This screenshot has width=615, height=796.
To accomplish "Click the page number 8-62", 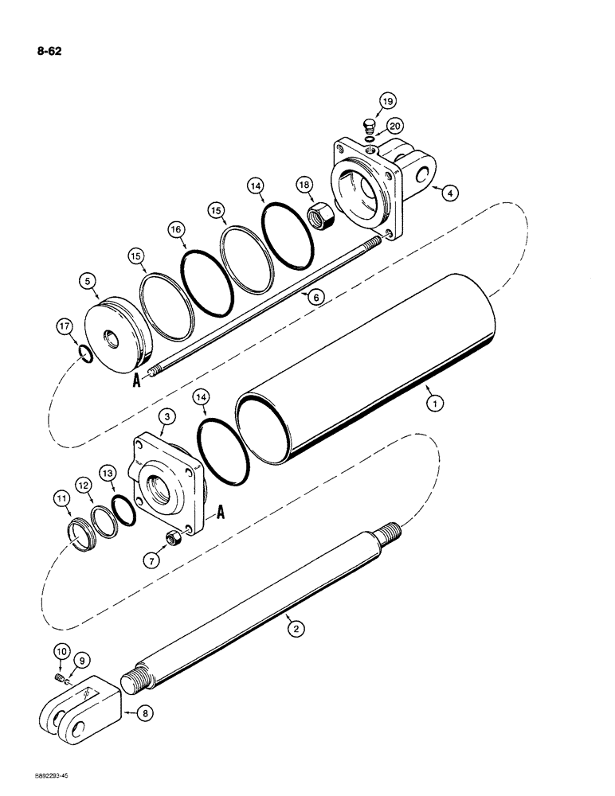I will coord(48,52).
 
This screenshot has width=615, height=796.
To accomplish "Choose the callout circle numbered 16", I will coord(176,228).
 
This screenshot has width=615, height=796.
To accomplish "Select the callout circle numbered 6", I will coord(315,296).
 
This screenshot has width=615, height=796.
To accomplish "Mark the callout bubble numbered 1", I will coord(435,404).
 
